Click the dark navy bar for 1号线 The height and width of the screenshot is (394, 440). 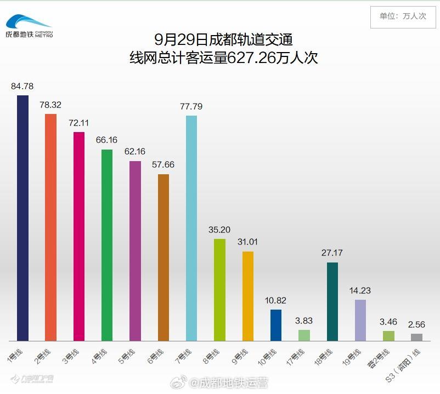pos(22,218)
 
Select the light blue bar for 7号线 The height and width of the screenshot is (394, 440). pos(191,228)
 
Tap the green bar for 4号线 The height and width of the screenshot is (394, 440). pos(107,245)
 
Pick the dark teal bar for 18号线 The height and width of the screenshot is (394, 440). pos(332,301)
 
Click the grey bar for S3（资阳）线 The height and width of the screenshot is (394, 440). pos(416,337)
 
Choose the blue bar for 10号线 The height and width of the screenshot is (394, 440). pos(276,325)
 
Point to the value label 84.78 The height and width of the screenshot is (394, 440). pos(22,86)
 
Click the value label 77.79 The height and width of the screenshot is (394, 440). pos(191,106)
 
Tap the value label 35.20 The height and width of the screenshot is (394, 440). pos(219,230)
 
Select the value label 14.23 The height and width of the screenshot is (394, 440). pos(360,290)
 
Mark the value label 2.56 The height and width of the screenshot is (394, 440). pos(416,324)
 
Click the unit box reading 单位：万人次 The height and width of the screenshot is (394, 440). pos(403,16)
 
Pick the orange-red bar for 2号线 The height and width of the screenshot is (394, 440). pos(50,227)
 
